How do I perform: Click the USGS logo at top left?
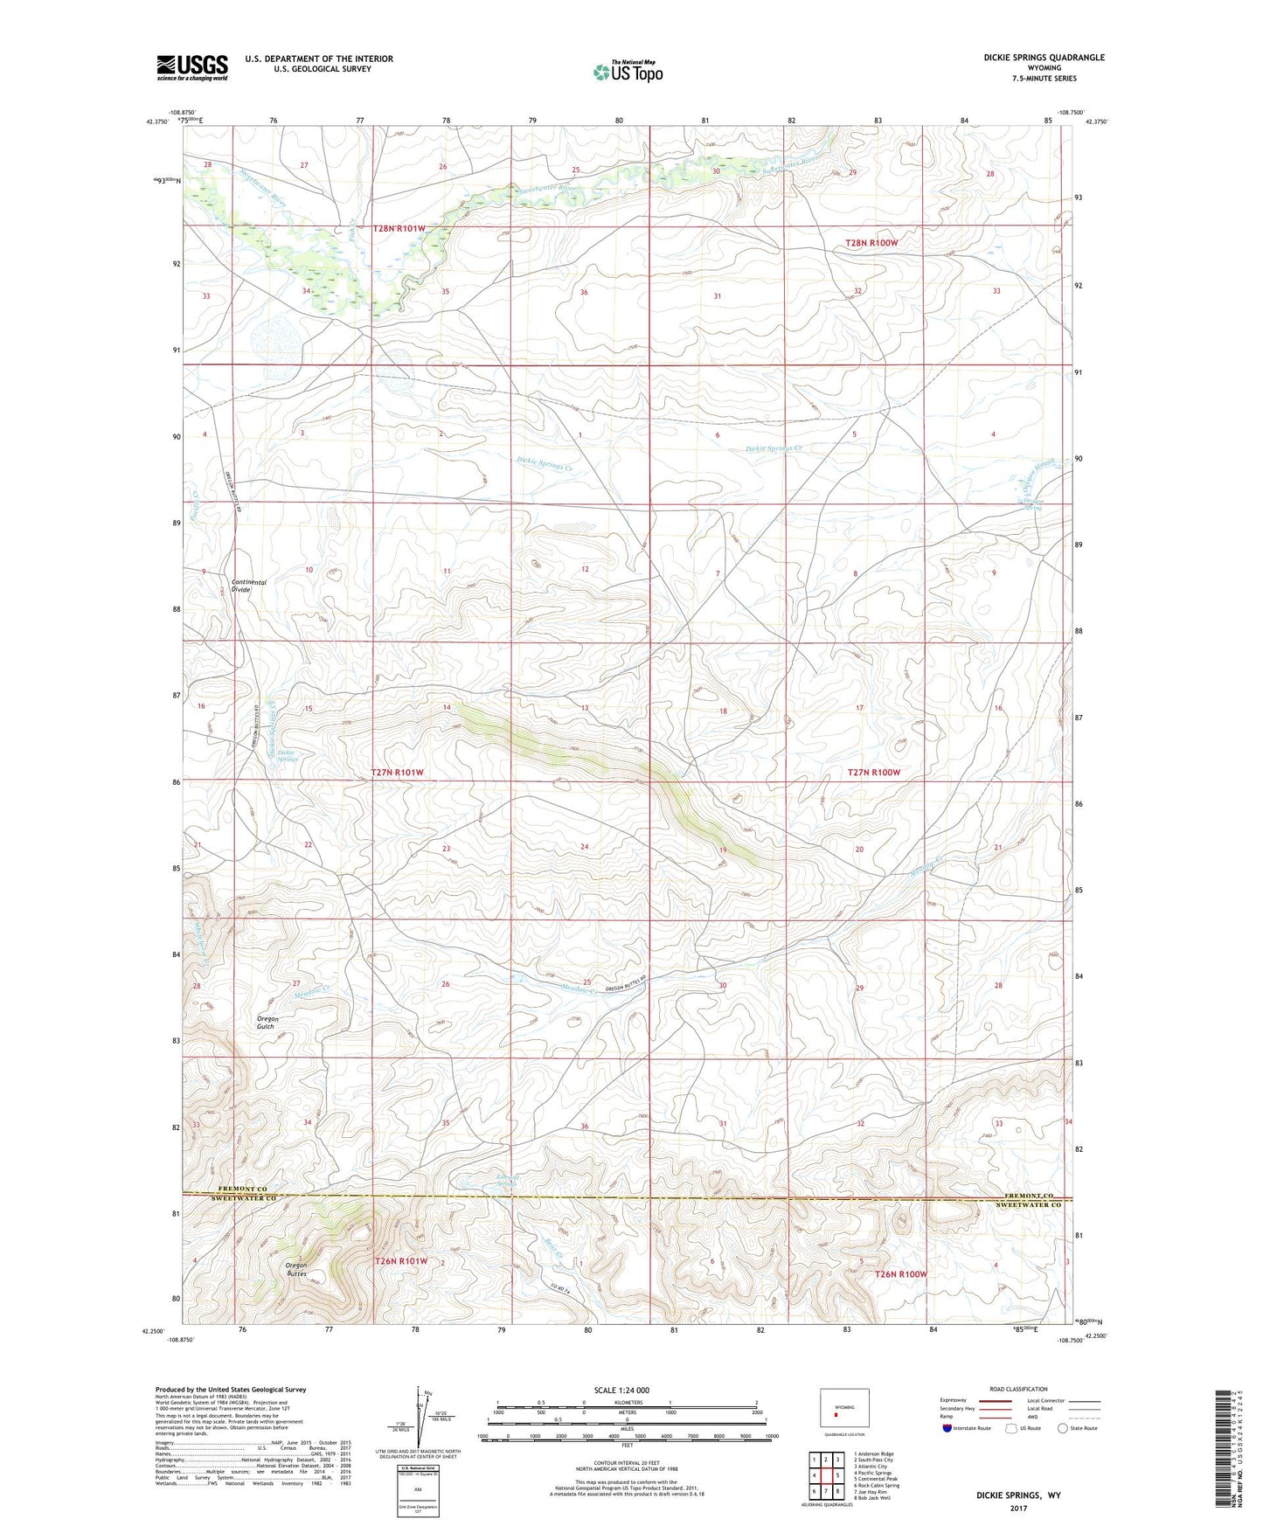[191, 67]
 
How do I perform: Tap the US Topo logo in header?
[628, 72]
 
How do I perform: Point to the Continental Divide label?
[249, 586]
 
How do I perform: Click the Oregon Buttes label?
[297, 1269]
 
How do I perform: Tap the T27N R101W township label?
[397, 773]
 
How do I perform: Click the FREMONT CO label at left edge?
[241, 1190]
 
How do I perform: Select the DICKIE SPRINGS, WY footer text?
[1018, 1495]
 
